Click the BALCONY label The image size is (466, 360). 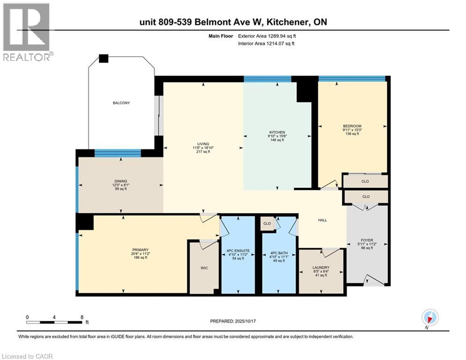[121, 103]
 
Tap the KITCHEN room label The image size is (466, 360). [277, 132]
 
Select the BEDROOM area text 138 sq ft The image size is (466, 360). [352, 134]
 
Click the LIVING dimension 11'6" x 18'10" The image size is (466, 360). [203, 148]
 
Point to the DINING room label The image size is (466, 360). [120, 181]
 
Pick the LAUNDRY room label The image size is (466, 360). [321, 268]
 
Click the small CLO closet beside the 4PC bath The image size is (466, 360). [267, 224]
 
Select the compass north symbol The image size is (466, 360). [429, 317]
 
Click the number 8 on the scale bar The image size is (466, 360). [82, 317]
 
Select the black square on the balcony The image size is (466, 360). [104, 59]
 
